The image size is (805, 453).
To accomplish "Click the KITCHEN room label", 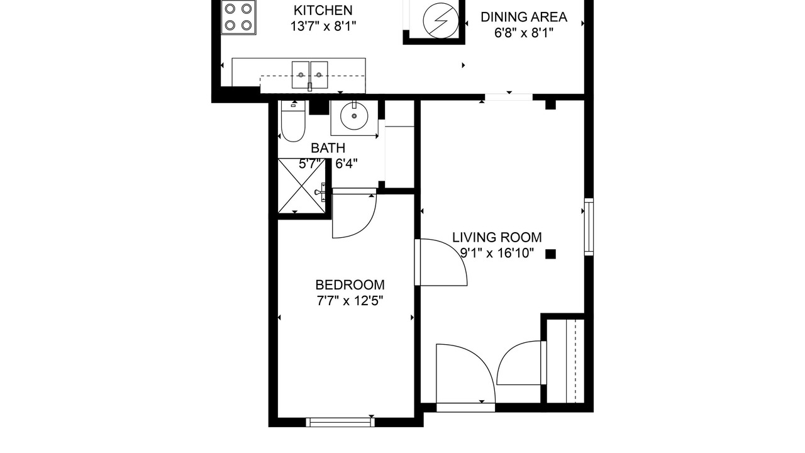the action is coord(323,11).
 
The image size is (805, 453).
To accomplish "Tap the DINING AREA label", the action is coord(524,17).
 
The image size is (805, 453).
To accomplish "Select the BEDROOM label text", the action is coord(350,285).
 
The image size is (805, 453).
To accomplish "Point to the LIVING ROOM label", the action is coord(497,237).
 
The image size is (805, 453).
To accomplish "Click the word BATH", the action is coord(328,148).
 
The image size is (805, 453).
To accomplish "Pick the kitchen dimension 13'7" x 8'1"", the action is coord(323,26).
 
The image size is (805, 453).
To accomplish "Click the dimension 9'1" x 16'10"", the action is coord(497,253).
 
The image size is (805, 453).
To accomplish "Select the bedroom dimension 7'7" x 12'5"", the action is coord(350,301).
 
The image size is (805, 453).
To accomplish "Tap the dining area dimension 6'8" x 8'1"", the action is coord(524,33).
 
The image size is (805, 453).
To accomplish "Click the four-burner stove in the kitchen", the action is coord(238,17).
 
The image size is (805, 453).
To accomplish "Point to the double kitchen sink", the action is coord(309,75).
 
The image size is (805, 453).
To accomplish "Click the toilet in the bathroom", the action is coord(293,121).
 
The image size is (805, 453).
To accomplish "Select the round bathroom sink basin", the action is coord(354,116).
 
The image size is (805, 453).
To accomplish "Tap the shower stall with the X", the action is coord(301,186).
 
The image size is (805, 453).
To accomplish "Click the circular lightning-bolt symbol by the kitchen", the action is coord(441,21).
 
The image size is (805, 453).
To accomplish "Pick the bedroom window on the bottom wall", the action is coord(340,422).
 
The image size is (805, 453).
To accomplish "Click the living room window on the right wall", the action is coord(589,226).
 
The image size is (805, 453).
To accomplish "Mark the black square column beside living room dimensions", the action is coord(550,254).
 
